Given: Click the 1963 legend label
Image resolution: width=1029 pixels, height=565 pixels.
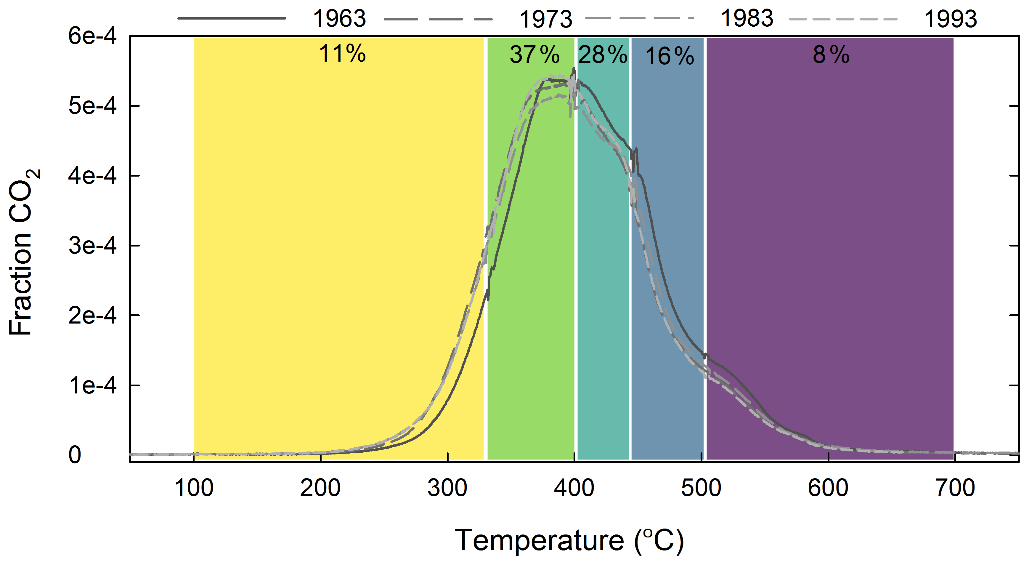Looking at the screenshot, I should coord(339,19).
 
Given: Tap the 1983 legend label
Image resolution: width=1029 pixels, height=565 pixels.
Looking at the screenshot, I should coord(747,19).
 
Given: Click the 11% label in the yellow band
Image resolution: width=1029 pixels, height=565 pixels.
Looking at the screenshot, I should coord(342,54).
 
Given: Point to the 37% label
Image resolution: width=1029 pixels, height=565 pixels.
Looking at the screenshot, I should coord(534,55).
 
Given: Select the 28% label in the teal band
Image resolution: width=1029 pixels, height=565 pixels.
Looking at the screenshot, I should coord(602,55).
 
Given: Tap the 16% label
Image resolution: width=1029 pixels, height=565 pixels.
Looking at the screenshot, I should coord(670,56).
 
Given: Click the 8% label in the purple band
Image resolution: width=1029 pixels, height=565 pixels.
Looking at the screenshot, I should coord(831,55).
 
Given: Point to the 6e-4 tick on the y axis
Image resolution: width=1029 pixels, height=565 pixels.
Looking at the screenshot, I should coord(92,36).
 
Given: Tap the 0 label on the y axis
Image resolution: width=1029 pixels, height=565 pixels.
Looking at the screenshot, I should coord(75,455).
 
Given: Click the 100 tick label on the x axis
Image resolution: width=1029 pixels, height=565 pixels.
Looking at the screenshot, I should coord(194,488).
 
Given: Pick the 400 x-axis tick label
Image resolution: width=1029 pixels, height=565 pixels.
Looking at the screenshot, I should coord(574,488).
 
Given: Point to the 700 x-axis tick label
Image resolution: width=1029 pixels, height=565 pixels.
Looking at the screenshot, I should coord(955,488).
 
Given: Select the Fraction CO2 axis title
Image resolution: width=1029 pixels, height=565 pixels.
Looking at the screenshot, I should coord(23,252).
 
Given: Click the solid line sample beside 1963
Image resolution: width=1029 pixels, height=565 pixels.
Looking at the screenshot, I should coord(232,18).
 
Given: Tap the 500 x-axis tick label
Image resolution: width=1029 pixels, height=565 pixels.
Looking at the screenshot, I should coord(701,488).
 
